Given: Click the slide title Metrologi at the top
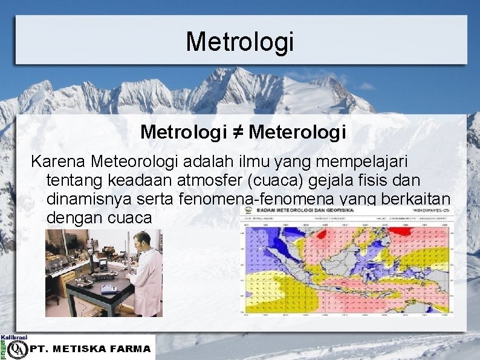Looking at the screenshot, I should point(239,41).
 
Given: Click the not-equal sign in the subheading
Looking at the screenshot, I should point(238,132).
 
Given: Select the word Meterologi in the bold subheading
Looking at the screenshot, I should point(297,132).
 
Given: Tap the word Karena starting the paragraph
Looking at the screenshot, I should point(59,162).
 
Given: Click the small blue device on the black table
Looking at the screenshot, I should point(109,289).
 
